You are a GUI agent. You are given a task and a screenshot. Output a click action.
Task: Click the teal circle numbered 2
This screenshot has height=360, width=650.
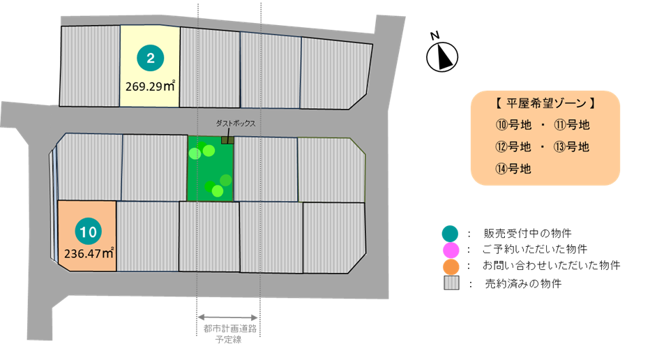[x=149, y=58]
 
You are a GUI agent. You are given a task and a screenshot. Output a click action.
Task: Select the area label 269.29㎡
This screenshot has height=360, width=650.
[x=150, y=89]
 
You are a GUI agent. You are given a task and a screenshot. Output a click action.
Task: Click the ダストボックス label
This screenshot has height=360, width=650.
[x=236, y=123]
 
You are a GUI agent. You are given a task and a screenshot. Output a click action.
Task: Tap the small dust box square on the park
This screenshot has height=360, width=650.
[x=226, y=140]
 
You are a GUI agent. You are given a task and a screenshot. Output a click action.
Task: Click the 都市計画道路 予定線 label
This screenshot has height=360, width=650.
[x=229, y=334]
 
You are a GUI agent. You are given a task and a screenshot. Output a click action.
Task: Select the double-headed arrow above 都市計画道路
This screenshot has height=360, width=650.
[x=229, y=317]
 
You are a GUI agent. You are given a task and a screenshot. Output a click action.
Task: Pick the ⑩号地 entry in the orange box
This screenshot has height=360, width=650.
[x=513, y=126]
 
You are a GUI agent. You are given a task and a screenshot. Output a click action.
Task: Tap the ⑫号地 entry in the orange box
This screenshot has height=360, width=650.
[x=513, y=147]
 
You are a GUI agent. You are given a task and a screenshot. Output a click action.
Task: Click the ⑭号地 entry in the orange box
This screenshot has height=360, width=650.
[x=513, y=168]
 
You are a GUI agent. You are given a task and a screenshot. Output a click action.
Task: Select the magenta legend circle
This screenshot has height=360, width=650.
[x=451, y=250]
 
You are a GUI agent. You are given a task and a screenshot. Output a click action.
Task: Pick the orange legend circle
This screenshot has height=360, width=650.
[x=451, y=267]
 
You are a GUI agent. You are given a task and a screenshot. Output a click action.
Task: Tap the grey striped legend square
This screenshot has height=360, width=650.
[x=451, y=283]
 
